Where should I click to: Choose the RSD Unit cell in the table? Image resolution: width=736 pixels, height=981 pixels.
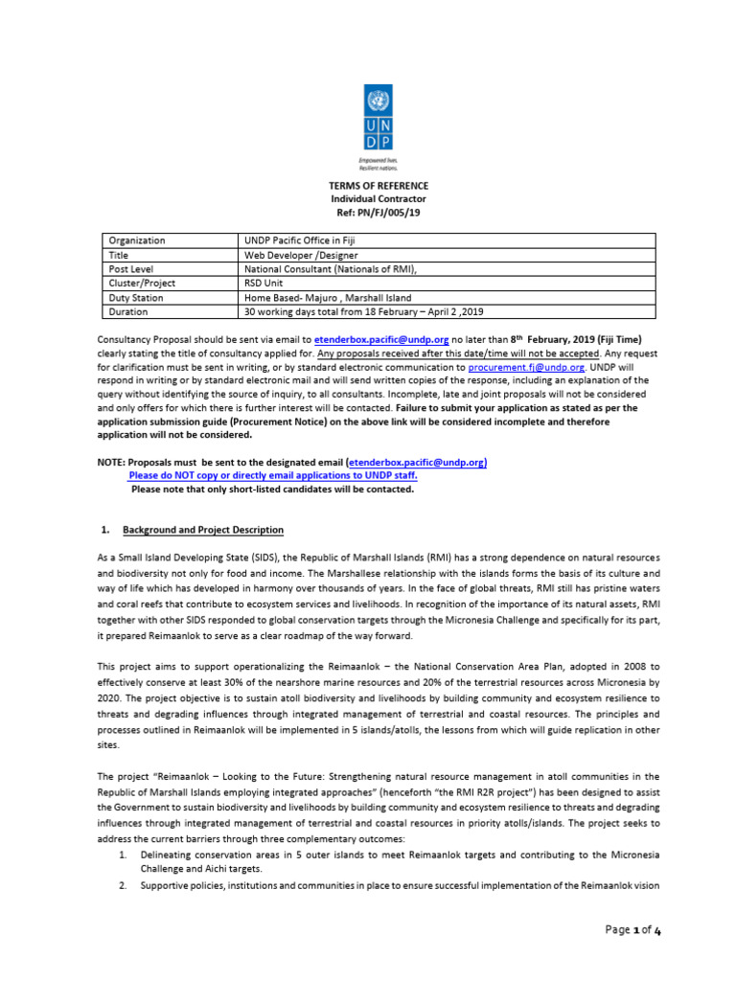tap(265, 284)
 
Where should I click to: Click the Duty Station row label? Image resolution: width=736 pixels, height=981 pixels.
tap(136, 298)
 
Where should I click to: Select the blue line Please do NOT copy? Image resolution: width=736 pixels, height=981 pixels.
tap(273, 475)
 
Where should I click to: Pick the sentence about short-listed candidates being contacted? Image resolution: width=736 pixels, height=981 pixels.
tap(272, 489)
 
